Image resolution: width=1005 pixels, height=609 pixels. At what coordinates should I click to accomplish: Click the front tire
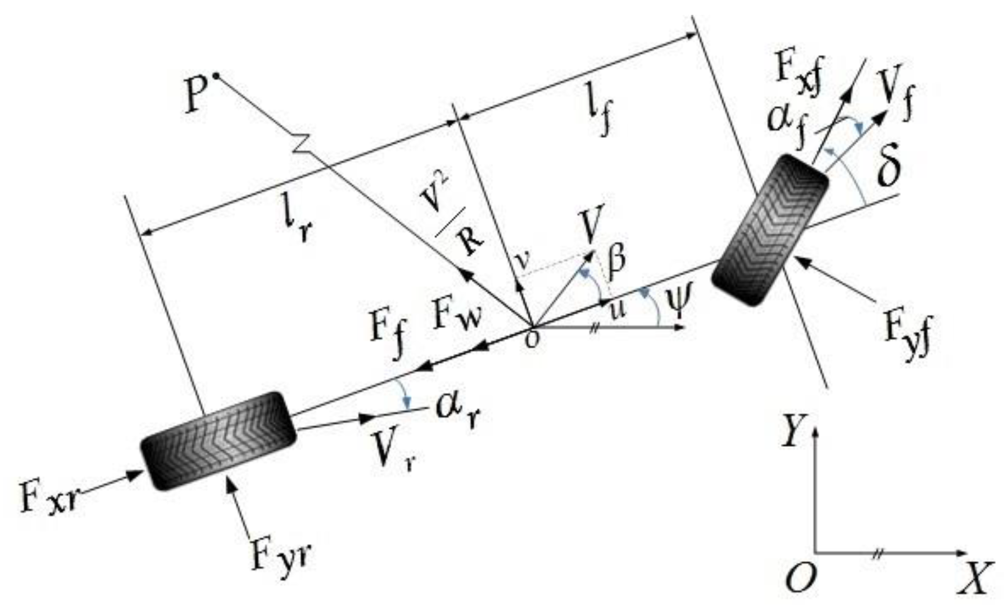(770, 230)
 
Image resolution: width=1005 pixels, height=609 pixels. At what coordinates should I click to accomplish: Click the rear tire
(218, 441)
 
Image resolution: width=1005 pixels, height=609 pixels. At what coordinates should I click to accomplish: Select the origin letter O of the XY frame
(800, 578)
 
